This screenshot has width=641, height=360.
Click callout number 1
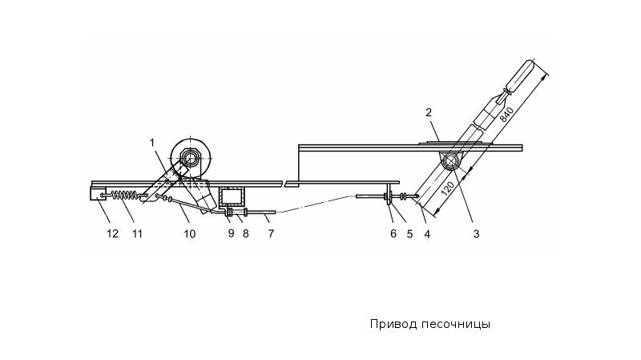[152, 143]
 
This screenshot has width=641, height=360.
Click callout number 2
[429, 112]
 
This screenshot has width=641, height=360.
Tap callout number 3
[476, 234]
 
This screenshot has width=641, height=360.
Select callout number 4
[427, 234]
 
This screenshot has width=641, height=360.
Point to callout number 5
[409, 234]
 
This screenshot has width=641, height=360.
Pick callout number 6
[393, 233]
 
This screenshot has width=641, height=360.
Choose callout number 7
[271, 233]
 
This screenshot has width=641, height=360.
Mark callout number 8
[245, 233]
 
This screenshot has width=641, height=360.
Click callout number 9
[231, 233]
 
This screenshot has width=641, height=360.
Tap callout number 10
[189, 233]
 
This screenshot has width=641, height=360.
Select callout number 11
[137, 233]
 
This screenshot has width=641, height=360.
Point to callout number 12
[112, 233]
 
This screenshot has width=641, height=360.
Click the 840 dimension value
[506, 114]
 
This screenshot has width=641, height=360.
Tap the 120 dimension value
[448, 188]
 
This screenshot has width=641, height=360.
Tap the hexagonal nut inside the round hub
[190, 156]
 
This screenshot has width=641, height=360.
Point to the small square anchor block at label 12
[98, 193]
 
